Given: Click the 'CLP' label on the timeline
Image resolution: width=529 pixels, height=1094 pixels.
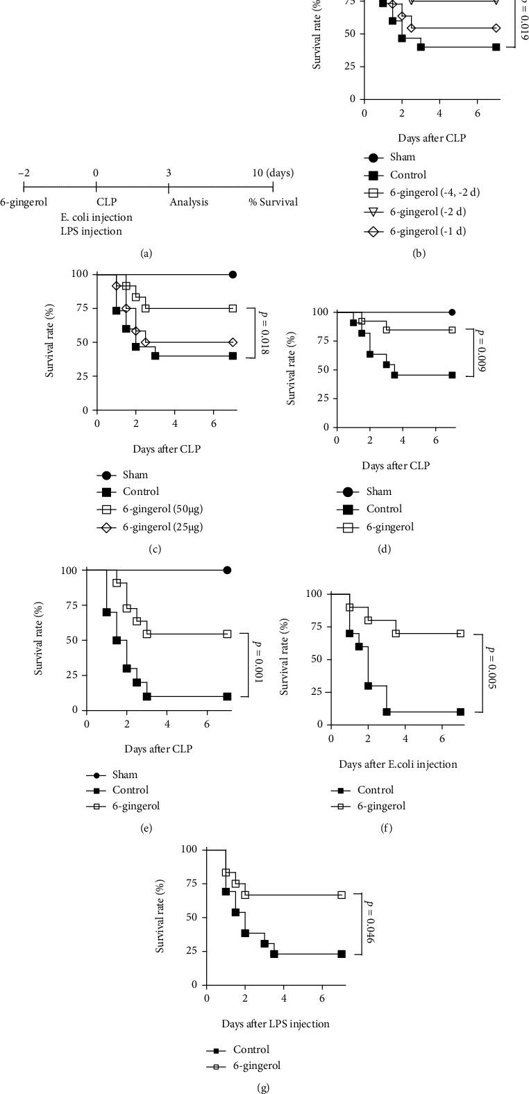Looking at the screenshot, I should pos(106,202).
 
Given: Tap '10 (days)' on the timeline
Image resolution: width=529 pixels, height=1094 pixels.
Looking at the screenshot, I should pos(273,173).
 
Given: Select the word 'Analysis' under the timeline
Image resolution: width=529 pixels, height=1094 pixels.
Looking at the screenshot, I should pos(189,202).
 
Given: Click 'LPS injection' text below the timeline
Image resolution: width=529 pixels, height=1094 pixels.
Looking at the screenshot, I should pos(91,231).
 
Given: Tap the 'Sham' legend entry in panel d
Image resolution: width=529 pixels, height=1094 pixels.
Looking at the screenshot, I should pos(379,491).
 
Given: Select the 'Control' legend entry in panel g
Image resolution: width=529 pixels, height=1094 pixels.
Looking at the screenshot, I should pos(251,1050).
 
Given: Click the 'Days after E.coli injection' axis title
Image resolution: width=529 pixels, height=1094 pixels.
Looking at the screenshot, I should pos(398,764).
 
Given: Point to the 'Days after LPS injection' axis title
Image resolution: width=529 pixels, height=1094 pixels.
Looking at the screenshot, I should pos(276,1023).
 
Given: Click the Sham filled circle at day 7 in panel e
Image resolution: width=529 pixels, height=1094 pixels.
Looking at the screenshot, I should pos(227,570).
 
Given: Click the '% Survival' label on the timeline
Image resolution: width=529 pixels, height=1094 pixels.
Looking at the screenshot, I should pos(274,202).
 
